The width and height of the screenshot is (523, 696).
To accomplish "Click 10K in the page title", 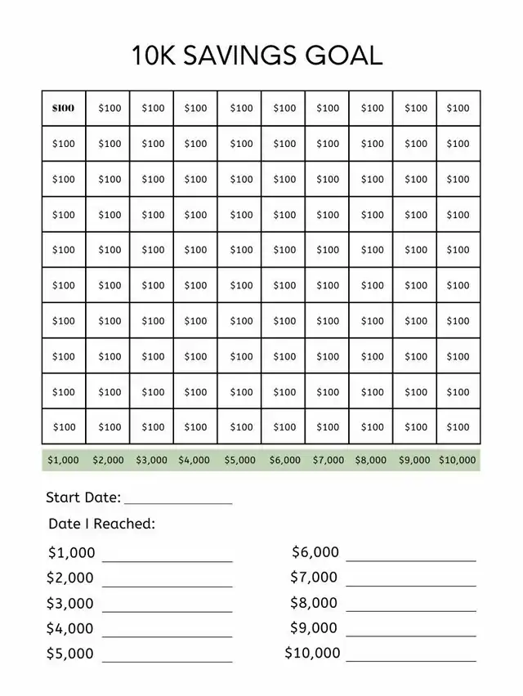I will pos(154,55).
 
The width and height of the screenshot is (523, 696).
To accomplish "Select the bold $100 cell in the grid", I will pos(63,108).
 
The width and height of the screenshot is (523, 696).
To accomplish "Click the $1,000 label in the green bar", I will pos(63,460).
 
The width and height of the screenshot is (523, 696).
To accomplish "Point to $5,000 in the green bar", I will pos(240,460).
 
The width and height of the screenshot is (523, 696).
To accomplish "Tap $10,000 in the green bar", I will pos(457,460).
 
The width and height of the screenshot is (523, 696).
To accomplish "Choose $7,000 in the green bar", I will pos(329,460).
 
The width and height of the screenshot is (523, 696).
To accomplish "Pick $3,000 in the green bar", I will pos(151,460).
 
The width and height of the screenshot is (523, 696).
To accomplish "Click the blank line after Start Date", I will pos(178,502).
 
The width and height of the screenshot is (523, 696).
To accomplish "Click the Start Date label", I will pos(83,497).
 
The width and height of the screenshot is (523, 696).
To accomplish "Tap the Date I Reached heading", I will pos(101,524).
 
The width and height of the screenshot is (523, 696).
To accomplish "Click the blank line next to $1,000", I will pos(167,560).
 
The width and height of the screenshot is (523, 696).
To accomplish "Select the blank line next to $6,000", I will pos(410,560).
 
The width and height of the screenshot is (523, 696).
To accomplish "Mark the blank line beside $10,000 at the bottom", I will pos(410,660).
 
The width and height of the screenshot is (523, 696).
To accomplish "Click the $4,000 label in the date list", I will pos(70,628).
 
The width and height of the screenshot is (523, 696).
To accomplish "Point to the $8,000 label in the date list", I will pos(314,603).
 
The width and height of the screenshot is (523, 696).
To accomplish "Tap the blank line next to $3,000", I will pos(167,611).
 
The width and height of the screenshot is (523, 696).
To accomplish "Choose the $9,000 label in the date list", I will pos(314,628).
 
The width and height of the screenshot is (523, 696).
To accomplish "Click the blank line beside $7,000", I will pos(410,585).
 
